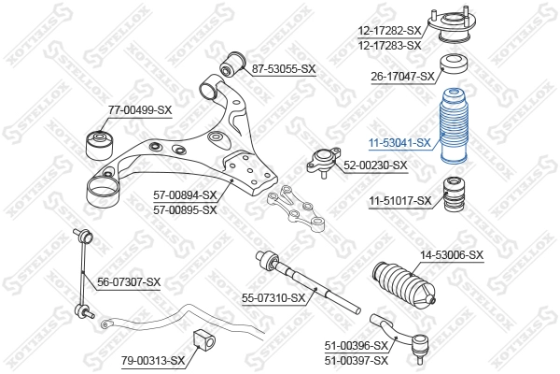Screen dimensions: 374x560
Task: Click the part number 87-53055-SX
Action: tap(284, 69)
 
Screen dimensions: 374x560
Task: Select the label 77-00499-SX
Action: tap(140, 110)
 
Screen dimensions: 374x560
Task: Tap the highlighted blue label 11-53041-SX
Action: tap(399, 143)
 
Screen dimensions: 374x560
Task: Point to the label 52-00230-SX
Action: tap(375, 165)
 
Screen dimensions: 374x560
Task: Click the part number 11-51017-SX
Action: tap(399, 200)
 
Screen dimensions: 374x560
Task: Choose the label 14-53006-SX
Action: tap(451, 254)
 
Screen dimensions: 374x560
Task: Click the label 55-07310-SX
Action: tap(273, 298)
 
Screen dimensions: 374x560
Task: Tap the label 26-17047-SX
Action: tap(402, 77)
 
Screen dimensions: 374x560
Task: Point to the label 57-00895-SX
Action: tap(185, 209)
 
